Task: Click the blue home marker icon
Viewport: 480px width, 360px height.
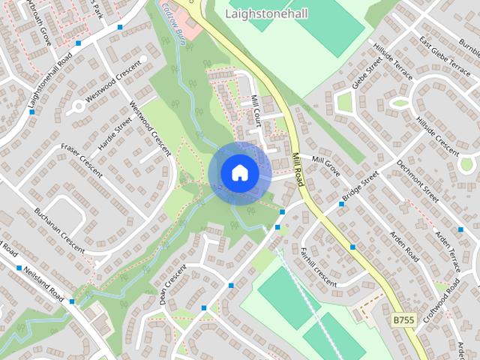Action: tap(239, 172)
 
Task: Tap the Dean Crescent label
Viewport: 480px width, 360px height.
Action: tap(172, 286)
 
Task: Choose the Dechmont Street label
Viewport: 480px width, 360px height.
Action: tap(418, 180)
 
